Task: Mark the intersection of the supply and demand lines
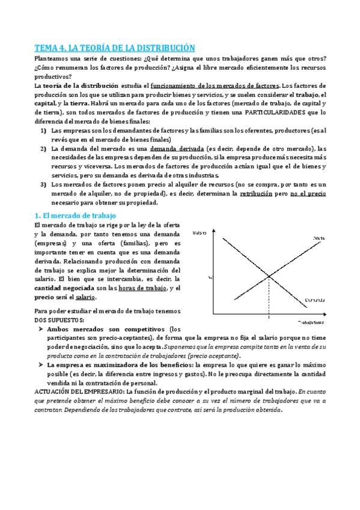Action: pyautogui.click(x=269, y=276)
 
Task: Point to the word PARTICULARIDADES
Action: pyautogui.click(x=282, y=112)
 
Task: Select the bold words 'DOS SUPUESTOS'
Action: pyautogui.click(x=58, y=320)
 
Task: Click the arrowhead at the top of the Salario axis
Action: pyautogui.click(x=212, y=229)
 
